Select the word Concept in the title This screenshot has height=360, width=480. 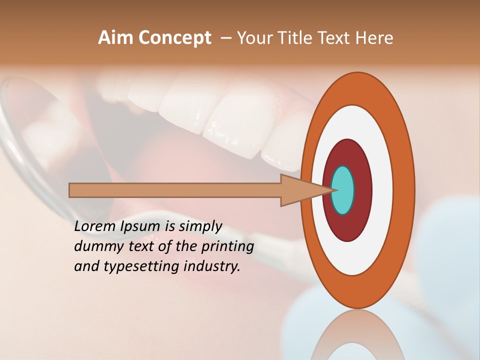175,38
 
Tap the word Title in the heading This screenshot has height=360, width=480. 298,38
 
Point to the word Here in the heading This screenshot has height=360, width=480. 374,38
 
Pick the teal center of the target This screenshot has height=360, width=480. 343,190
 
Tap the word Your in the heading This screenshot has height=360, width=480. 253,38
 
